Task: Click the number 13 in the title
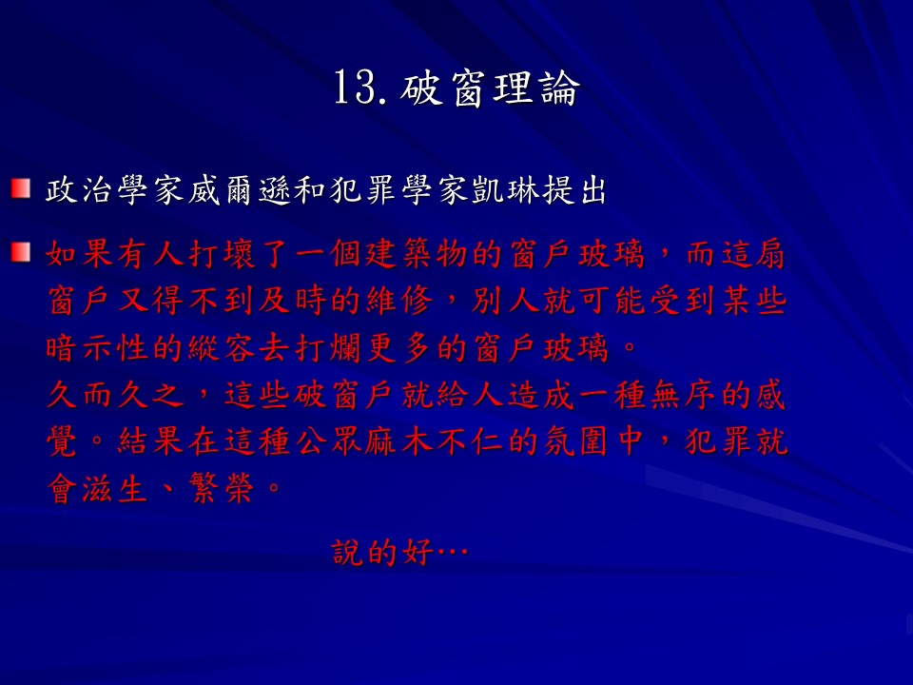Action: (355, 88)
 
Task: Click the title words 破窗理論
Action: (491, 88)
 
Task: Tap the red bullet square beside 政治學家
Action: (20, 188)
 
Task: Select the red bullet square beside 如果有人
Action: (20, 252)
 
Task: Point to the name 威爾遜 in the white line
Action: (240, 190)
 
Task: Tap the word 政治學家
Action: (116, 190)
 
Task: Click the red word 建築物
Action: (418, 255)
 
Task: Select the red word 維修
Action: (400, 302)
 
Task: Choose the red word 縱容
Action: (223, 348)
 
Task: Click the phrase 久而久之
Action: (115, 395)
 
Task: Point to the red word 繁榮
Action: (222, 488)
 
